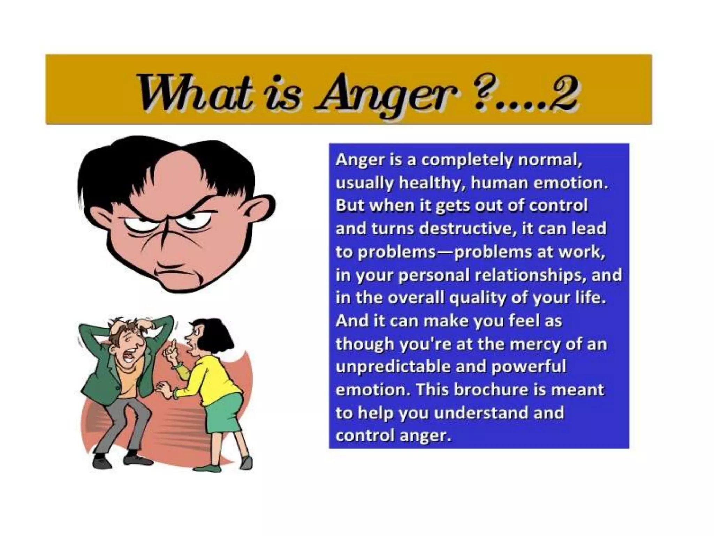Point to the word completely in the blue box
tap(467, 161)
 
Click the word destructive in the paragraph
tap(466, 229)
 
